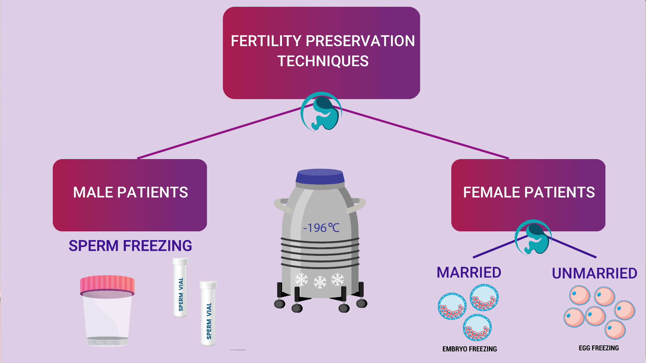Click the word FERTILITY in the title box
click(x=266, y=41)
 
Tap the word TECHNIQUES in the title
click(x=323, y=61)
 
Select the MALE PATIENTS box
click(x=130, y=195)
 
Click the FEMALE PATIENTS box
click(x=528, y=195)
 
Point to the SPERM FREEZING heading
click(x=130, y=246)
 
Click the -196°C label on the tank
click(x=321, y=228)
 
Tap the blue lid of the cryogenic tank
click(x=320, y=176)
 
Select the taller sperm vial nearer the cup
click(x=181, y=287)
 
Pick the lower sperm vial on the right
click(x=208, y=314)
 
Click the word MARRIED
click(x=469, y=273)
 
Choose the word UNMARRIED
click(x=594, y=274)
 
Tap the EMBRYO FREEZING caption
click(x=470, y=349)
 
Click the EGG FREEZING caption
click(x=599, y=348)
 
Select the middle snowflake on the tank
click(x=320, y=282)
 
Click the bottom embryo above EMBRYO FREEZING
click(x=477, y=328)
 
